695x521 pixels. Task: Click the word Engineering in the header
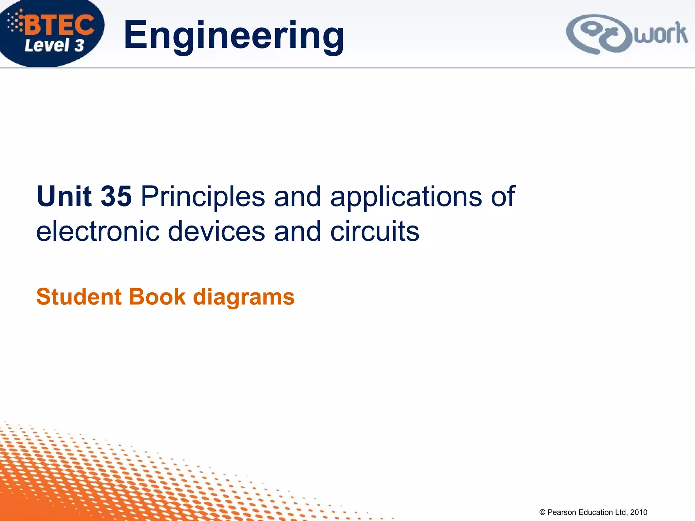click(234, 35)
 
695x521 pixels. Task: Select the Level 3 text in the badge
click(54, 45)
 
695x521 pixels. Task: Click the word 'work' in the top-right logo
click(660, 34)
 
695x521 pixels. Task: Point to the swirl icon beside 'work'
click(599, 34)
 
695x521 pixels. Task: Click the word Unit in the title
click(64, 196)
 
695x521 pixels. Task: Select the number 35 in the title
click(116, 196)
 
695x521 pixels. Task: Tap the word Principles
click(203, 197)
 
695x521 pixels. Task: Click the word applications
click(406, 197)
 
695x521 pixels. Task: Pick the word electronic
click(98, 231)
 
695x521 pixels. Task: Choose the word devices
click(217, 231)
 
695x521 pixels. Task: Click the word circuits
click(375, 231)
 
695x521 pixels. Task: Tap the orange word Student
click(79, 297)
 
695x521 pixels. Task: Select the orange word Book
click(157, 297)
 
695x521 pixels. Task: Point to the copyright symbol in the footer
click(542, 513)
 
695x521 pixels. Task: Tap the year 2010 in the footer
click(639, 513)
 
